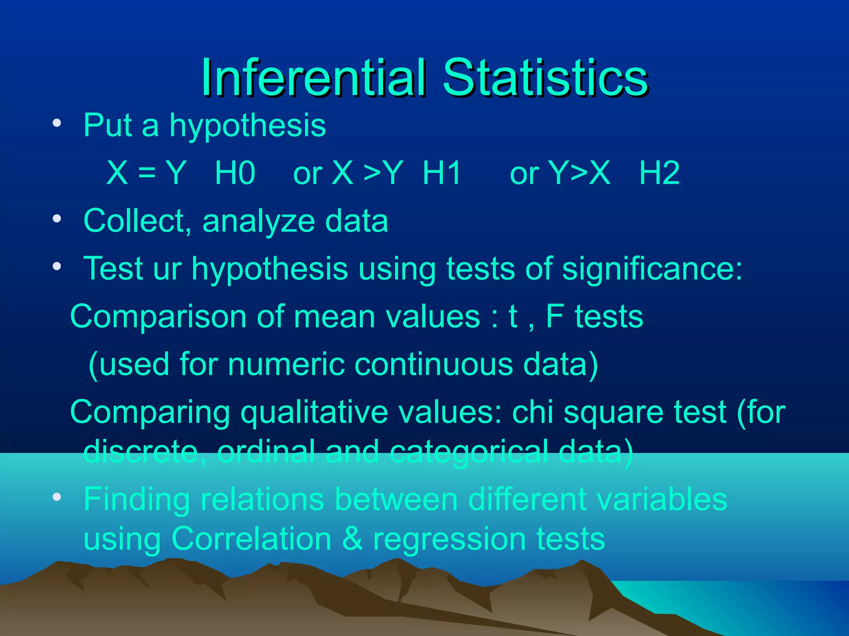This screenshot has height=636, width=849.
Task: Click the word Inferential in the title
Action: pyautogui.click(x=313, y=78)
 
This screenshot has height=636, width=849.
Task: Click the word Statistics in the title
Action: pyautogui.click(x=545, y=78)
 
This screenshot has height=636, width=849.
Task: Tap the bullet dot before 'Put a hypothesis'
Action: pyautogui.click(x=57, y=123)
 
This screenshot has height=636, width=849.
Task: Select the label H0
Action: pyautogui.click(x=235, y=173)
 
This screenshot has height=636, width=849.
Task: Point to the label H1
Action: pyautogui.click(x=442, y=173)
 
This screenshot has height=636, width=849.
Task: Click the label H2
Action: pyautogui.click(x=659, y=173)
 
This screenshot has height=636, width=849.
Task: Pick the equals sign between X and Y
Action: pyautogui.click(x=147, y=173)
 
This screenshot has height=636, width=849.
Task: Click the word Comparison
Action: pyautogui.click(x=158, y=317)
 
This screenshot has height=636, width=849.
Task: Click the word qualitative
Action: pyautogui.click(x=314, y=412)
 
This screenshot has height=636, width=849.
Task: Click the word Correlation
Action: pyautogui.click(x=251, y=539)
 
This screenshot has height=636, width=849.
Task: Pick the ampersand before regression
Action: pyautogui.click(x=352, y=539)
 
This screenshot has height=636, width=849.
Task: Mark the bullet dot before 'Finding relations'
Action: pyautogui.click(x=57, y=497)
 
